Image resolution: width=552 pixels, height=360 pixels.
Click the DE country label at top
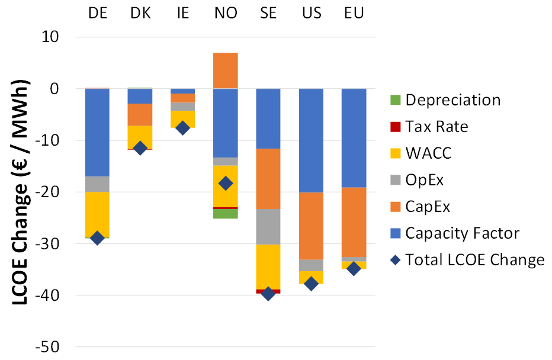(97, 13)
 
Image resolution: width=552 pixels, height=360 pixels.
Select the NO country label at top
(226, 13)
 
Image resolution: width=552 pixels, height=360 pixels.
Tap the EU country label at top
(354, 13)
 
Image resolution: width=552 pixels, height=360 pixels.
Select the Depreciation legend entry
(453, 100)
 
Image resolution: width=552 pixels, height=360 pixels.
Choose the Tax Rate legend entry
(437, 127)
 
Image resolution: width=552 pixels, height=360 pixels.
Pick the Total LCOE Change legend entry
(474, 260)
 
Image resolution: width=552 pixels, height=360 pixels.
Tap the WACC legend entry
(428, 153)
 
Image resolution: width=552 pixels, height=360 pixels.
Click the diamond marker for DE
(97, 238)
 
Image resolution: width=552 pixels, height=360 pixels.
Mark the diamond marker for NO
(226, 183)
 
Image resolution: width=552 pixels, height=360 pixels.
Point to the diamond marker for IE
(183, 128)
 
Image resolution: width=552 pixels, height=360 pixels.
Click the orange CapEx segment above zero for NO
(226, 70)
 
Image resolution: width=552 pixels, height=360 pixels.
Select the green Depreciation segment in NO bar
(226, 214)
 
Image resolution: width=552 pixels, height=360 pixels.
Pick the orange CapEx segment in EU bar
(354, 222)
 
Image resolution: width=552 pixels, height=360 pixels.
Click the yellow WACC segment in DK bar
(140, 137)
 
